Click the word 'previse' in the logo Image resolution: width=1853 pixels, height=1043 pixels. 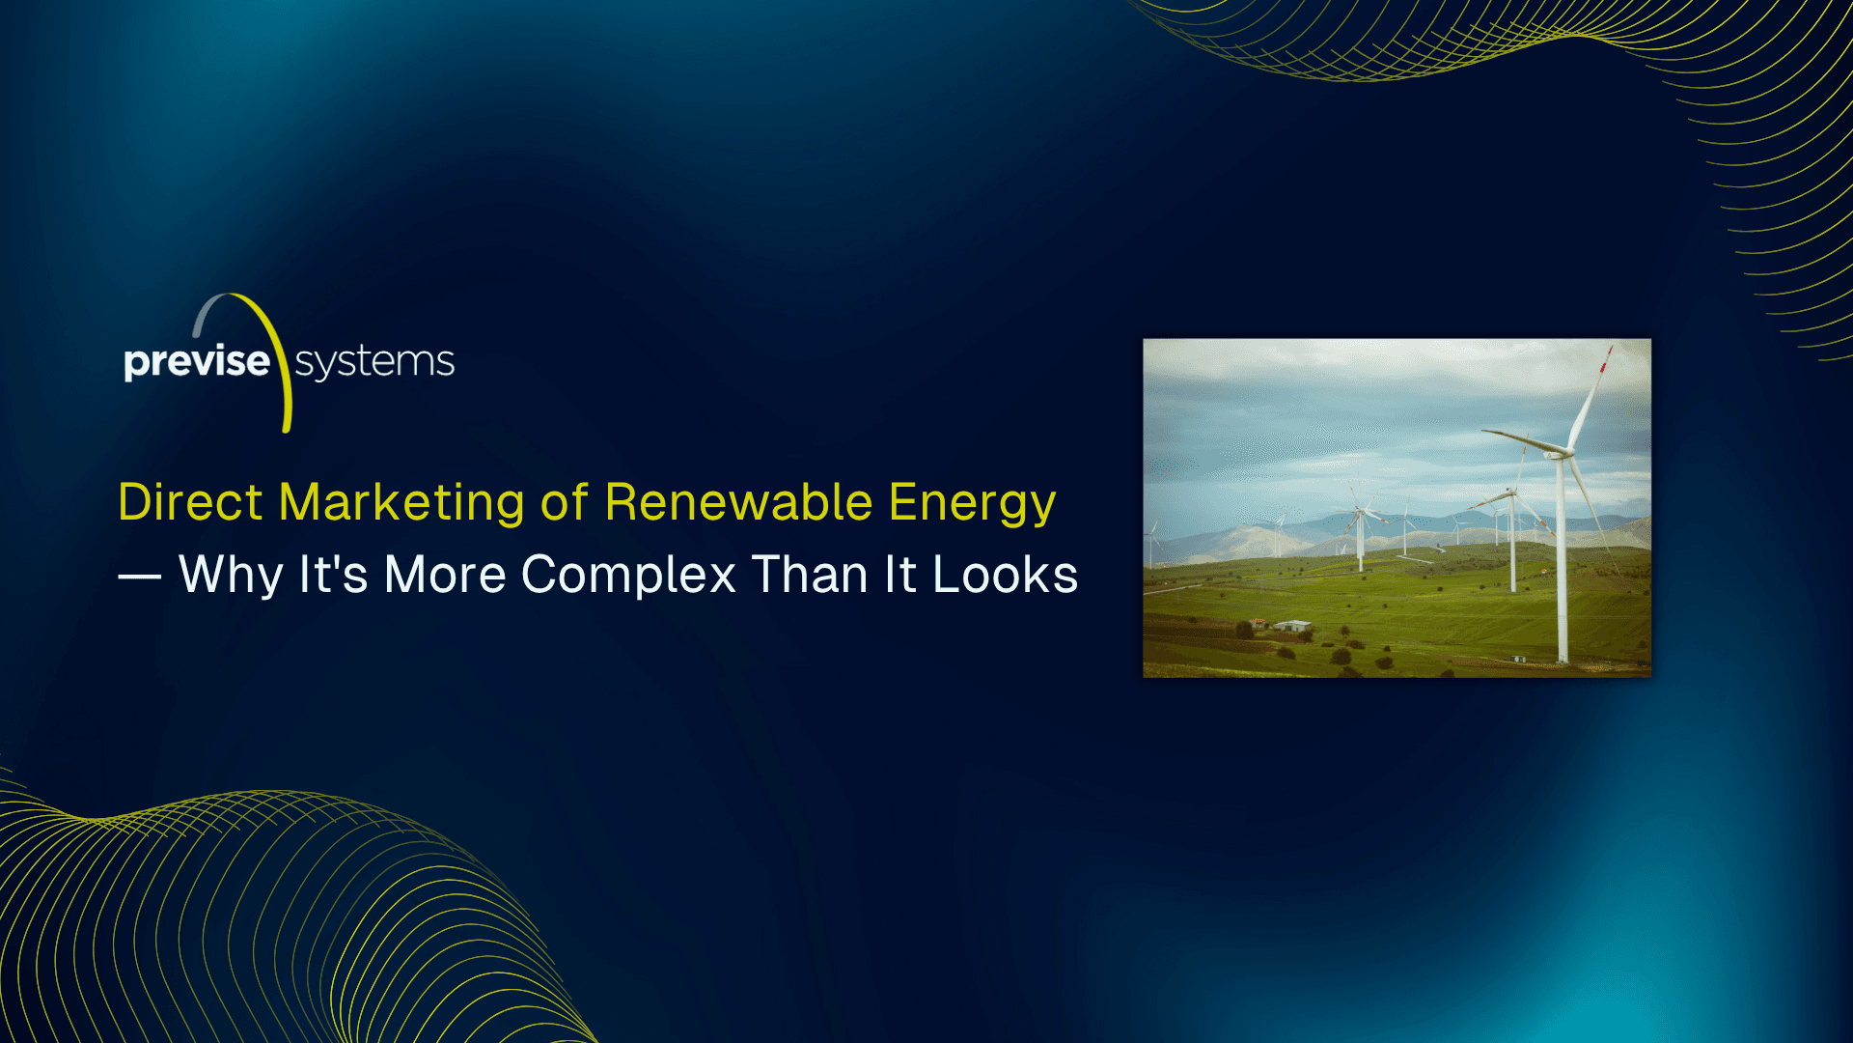point(197,363)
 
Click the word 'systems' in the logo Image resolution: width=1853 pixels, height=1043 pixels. point(374,363)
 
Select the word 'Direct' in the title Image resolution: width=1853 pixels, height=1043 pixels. point(190,502)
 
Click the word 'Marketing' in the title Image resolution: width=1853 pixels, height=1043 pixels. point(401,504)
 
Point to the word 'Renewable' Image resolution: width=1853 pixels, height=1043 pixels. point(738,502)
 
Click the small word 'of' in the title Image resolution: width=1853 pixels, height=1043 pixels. point(565,502)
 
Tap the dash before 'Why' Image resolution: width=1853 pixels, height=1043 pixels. point(140,578)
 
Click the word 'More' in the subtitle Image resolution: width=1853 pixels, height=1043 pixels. point(445,575)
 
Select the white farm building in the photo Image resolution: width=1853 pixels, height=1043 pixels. point(1292,626)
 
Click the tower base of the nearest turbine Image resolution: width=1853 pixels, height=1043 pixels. point(1563,658)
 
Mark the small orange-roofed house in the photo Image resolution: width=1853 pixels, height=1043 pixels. point(1257,623)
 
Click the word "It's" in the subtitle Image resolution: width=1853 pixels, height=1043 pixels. point(333,575)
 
